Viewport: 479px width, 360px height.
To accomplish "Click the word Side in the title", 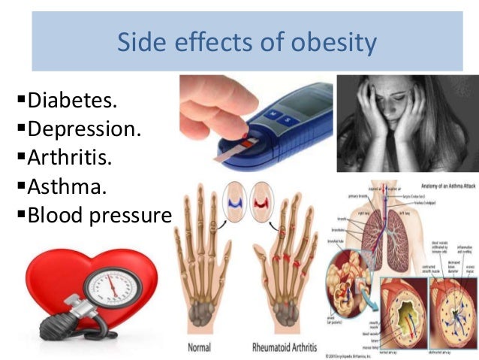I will click(x=143, y=42).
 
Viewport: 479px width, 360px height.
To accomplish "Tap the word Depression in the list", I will click(x=83, y=129).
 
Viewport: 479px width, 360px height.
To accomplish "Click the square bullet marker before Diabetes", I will click(x=20, y=98).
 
